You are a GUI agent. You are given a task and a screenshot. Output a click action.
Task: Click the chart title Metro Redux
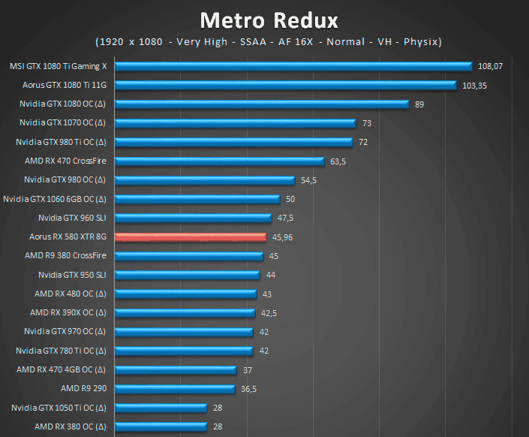click(269, 19)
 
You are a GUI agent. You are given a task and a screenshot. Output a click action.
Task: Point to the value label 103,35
click(475, 86)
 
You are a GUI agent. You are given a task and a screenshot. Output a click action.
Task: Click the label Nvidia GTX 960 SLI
click(72, 218)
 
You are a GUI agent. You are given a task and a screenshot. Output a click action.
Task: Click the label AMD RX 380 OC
click(70, 426)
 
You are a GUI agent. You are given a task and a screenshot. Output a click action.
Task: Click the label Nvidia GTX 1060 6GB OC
click(55, 199)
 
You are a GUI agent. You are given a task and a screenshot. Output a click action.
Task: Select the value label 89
click(419, 104)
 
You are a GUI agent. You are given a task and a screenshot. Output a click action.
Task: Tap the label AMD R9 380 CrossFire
click(65, 256)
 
